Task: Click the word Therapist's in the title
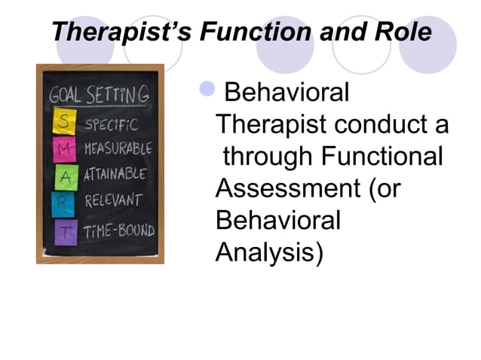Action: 118,32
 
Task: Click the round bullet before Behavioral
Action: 208,93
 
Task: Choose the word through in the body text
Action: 268,157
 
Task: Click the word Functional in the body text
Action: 381,157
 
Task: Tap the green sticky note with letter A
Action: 64,176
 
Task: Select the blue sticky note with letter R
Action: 63,203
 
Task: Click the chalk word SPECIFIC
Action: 110,123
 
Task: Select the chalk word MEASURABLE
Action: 118,148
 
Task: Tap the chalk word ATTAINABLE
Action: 115,175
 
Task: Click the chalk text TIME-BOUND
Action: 118,230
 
